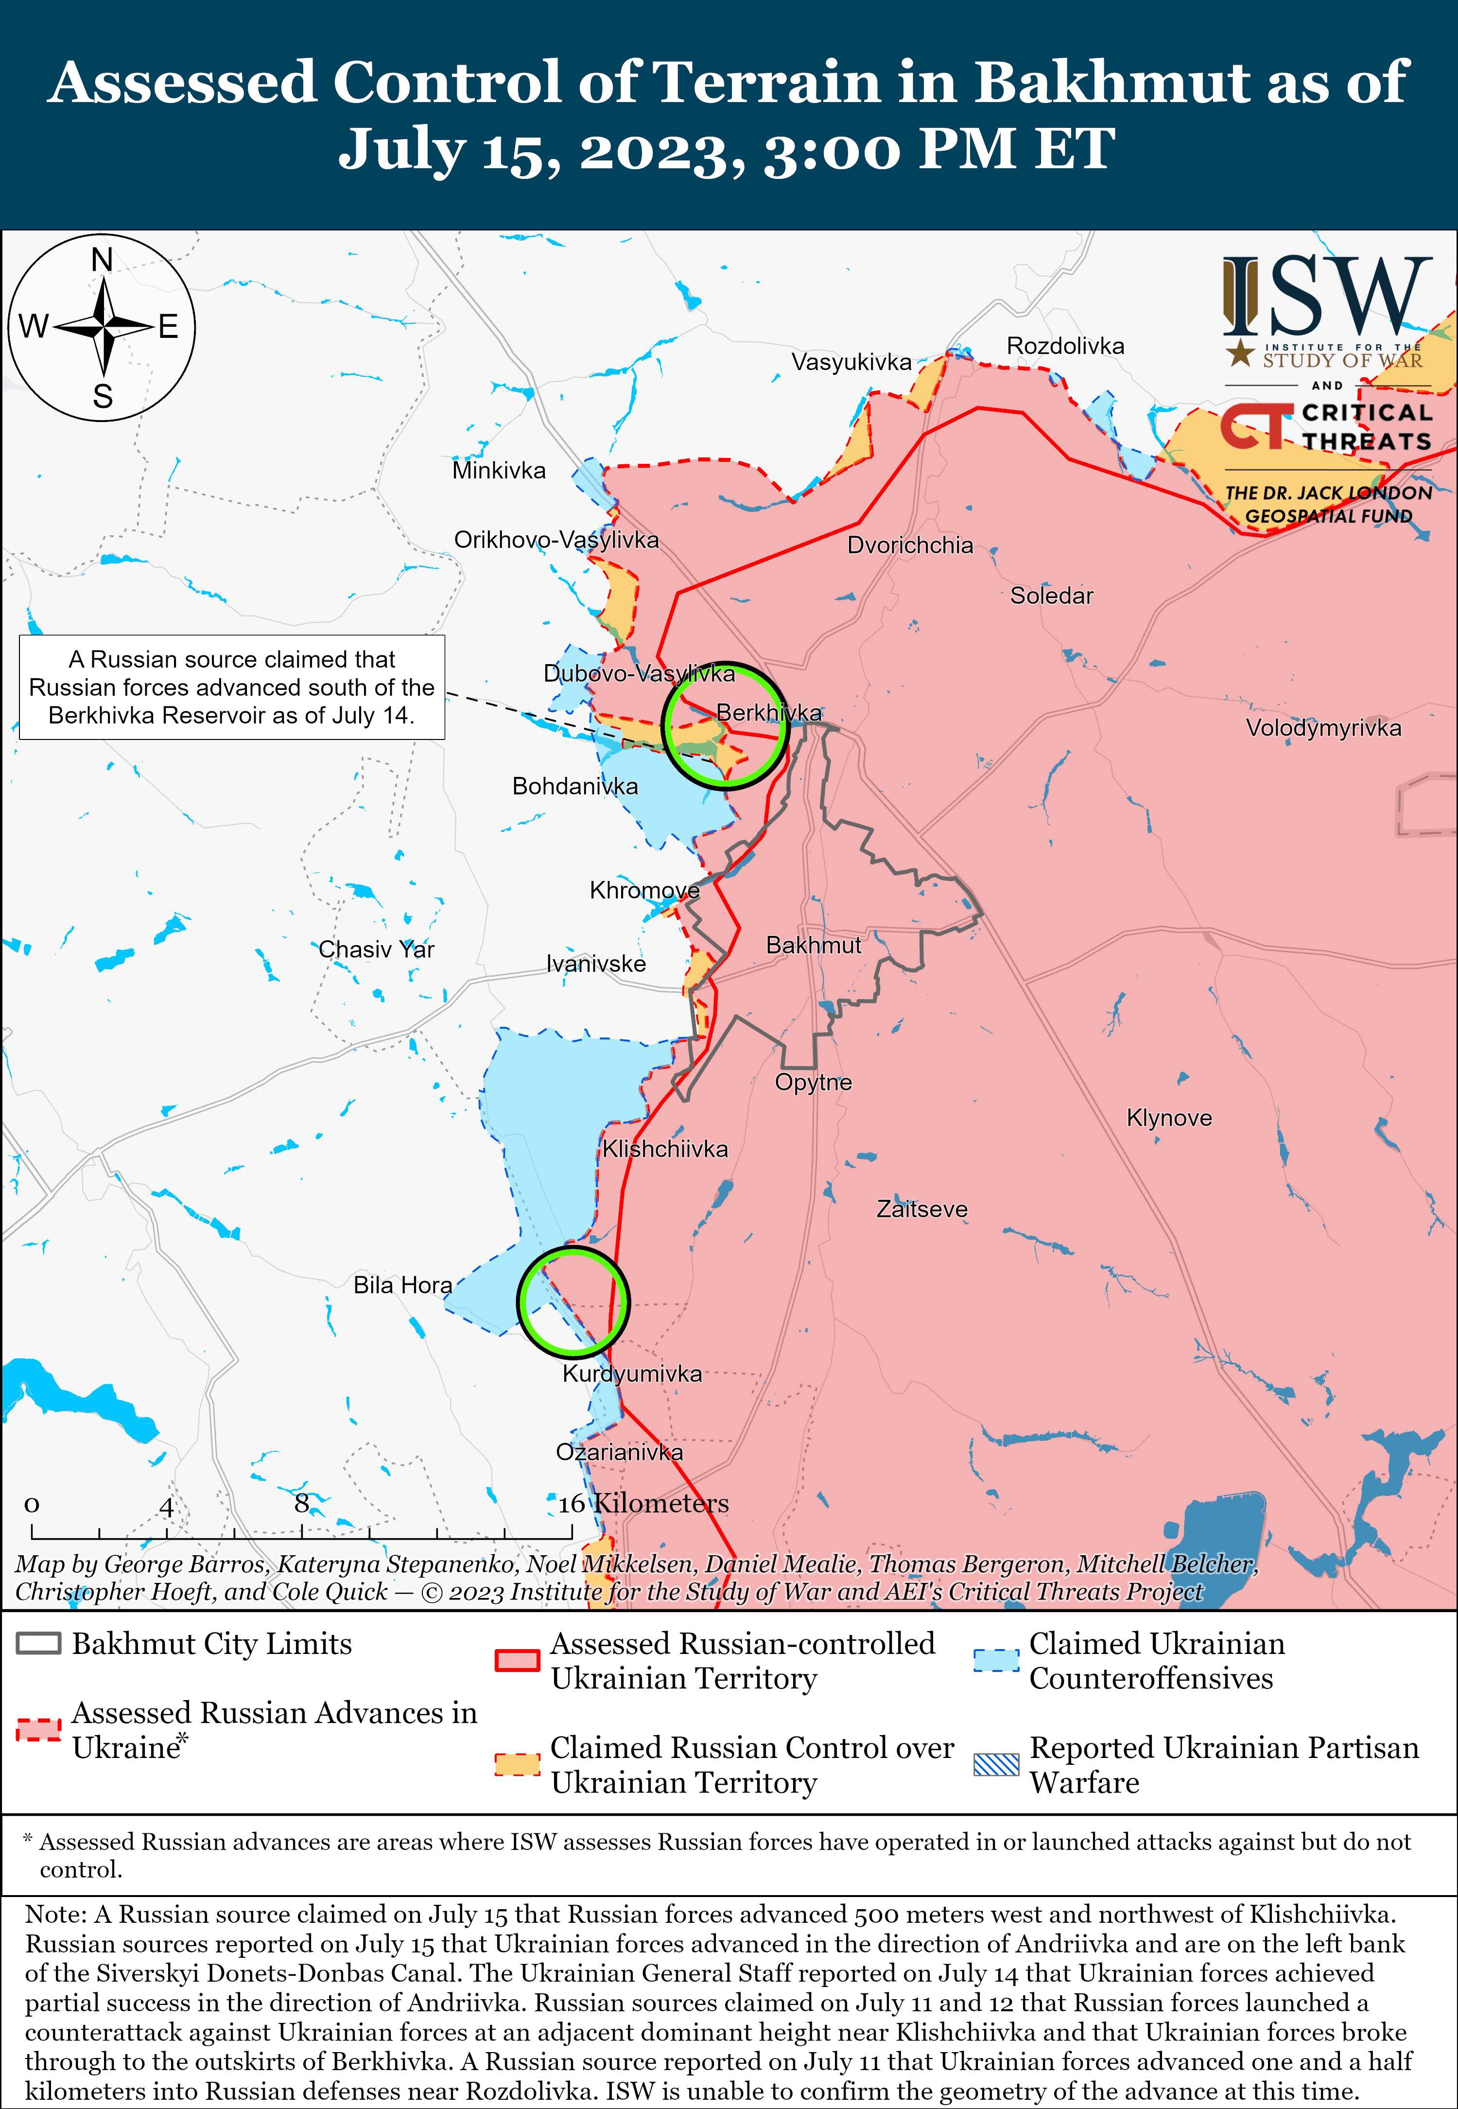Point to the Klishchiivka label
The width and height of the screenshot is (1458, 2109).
pos(665,1149)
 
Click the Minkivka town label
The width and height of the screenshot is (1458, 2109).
pos(499,471)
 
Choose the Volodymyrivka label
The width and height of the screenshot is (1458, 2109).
pos(1323,728)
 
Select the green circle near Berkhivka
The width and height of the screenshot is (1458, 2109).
pos(725,725)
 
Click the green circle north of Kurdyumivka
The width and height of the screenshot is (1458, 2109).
pos(573,1302)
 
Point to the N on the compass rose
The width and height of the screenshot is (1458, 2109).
pos(103,261)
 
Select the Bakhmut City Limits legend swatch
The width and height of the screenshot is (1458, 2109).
pos(38,1643)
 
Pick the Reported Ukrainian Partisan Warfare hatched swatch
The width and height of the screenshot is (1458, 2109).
pos(996,1764)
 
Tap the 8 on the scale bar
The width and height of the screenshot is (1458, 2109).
pos(301,1503)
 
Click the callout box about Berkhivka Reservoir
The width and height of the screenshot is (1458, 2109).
pos(232,687)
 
